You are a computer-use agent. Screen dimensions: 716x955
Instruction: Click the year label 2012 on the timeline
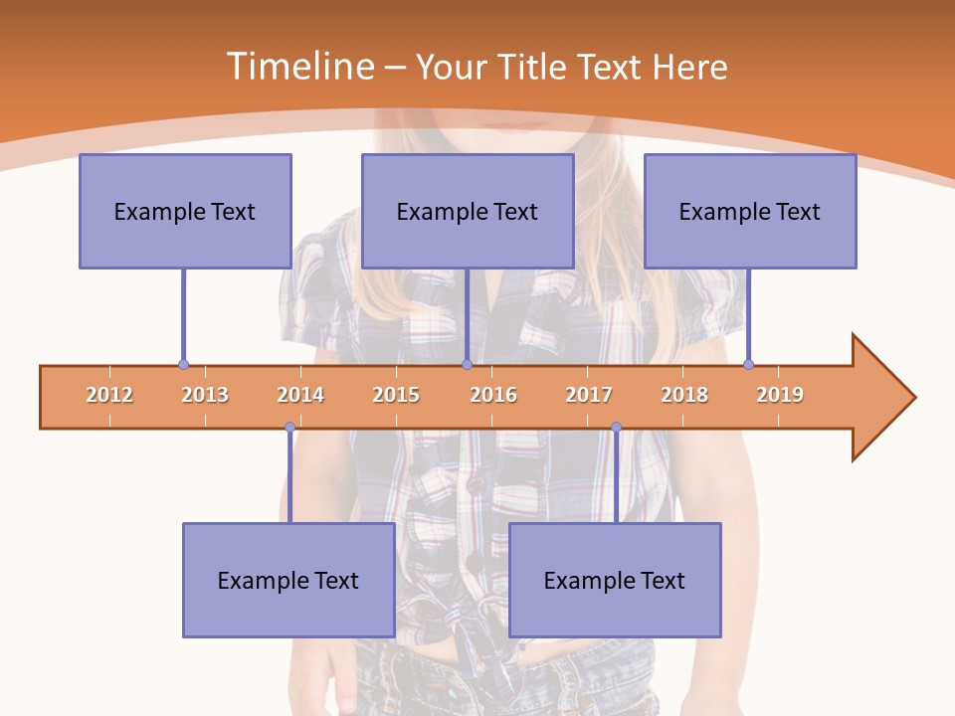coord(109,395)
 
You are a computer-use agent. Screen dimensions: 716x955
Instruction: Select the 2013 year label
coord(205,395)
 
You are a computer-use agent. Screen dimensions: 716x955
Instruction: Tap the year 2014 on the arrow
coord(300,395)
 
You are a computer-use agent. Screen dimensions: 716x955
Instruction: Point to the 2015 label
coord(396,395)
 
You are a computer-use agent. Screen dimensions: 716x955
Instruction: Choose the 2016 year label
coord(493,395)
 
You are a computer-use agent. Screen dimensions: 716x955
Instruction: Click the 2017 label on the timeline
coord(589,395)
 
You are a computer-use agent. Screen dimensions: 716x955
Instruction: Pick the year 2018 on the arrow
coord(684,395)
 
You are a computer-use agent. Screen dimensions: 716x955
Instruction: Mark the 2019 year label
coord(780,395)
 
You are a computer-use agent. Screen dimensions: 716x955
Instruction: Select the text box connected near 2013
coord(185,211)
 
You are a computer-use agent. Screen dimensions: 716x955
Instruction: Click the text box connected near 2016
coord(468,211)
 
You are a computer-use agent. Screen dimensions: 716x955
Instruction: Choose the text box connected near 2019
coord(750,211)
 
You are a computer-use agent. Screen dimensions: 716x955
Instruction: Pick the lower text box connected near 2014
coord(288,580)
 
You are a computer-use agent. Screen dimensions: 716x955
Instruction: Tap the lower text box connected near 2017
coord(615,580)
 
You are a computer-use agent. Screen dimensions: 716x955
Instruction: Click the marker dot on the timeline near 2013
coord(183,364)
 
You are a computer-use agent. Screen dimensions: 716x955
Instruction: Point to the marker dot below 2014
coord(289,428)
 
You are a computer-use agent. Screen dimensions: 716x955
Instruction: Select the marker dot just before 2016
coord(467,364)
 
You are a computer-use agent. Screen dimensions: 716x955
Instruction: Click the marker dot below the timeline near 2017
coord(616,428)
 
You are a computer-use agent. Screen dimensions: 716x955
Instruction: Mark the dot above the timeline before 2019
coord(748,364)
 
